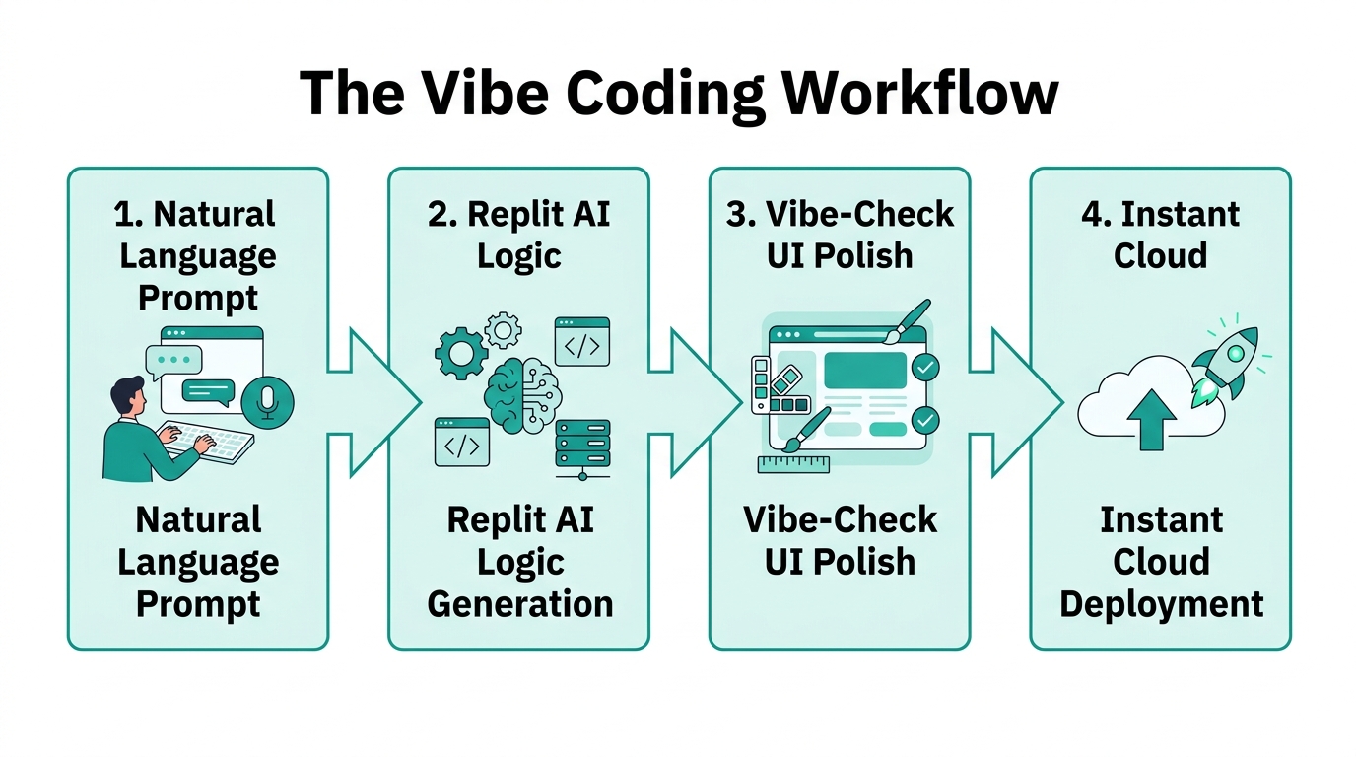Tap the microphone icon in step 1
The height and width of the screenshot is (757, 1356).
point(266,401)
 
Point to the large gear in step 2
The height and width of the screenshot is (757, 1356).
point(460,351)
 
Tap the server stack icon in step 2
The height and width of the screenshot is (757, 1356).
point(582,448)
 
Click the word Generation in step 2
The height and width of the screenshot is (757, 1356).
point(520,603)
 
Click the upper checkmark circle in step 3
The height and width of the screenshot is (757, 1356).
point(925,368)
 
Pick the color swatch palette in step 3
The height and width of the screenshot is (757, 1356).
point(780,385)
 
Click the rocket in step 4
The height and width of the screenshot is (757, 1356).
point(1223,365)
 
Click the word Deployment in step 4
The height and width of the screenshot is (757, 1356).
point(1161,603)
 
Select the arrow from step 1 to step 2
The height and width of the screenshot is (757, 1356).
point(374,402)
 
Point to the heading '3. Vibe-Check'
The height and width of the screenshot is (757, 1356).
point(840,214)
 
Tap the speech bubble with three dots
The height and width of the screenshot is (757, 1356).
point(174,361)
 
